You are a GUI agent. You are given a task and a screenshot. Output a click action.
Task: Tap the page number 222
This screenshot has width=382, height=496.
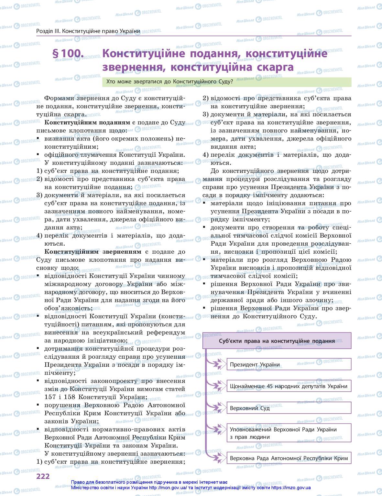click(x=43, y=476)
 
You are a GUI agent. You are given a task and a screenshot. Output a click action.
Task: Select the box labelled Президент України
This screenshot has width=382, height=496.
click(x=289, y=364)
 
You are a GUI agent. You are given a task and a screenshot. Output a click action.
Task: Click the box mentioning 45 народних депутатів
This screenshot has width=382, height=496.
click(x=289, y=386)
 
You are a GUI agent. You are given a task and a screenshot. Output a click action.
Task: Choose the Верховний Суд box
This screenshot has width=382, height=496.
click(x=289, y=408)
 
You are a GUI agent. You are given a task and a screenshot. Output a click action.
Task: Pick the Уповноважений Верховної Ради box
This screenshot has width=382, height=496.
click(x=289, y=433)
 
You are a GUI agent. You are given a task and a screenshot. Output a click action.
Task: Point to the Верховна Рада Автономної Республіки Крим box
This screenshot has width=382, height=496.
click(x=289, y=458)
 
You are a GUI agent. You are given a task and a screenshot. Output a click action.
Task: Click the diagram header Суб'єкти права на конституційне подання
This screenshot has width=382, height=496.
click(x=277, y=341)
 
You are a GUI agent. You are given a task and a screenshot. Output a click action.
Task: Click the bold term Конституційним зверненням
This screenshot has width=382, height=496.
click(x=93, y=252)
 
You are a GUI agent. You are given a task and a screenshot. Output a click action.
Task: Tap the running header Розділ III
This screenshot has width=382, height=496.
click(x=88, y=31)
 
